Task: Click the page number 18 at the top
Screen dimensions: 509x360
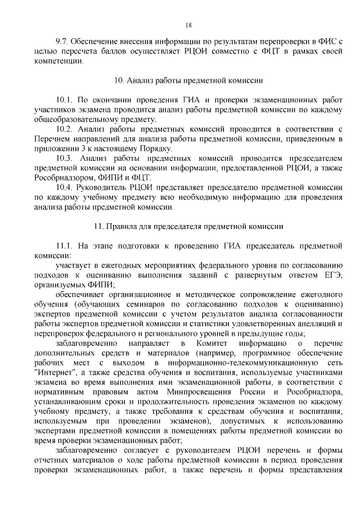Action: coord(188,24)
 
